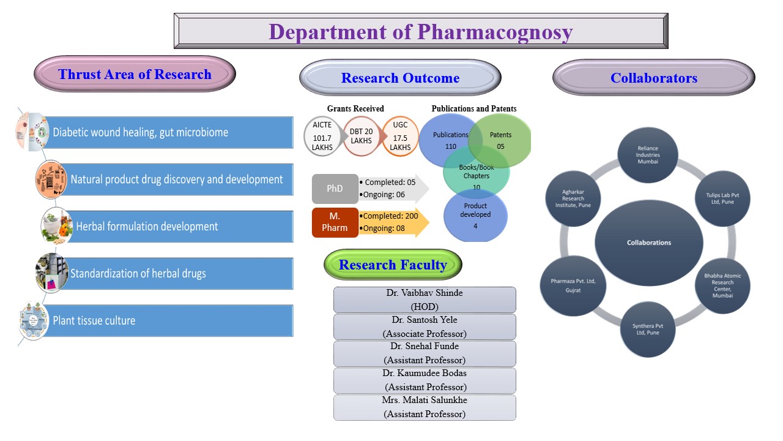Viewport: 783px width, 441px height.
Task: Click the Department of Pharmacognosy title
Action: (421, 31)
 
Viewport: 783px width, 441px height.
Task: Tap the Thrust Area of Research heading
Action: (135, 74)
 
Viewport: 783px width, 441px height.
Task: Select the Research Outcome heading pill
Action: (400, 78)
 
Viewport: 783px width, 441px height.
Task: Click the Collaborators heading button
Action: (653, 78)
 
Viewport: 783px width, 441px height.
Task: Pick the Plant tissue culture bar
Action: (171, 320)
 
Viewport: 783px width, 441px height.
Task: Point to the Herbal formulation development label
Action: (147, 227)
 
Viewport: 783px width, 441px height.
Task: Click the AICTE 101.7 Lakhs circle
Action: (322, 136)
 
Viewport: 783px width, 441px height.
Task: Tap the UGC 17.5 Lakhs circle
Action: (400, 136)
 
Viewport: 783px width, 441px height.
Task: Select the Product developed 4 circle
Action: (475, 216)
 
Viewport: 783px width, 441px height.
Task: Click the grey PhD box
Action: (335, 189)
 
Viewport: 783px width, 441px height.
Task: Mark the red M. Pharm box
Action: (335, 222)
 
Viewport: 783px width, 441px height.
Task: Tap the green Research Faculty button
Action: (393, 265)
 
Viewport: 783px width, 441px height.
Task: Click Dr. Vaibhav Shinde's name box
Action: (425, 300)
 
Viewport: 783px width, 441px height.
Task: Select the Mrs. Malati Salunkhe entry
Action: (425, 407)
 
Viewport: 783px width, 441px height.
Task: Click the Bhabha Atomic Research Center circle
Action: (722, 286)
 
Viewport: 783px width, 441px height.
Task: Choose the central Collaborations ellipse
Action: (649, 243)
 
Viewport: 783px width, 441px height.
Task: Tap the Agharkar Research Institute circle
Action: (573, 198)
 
